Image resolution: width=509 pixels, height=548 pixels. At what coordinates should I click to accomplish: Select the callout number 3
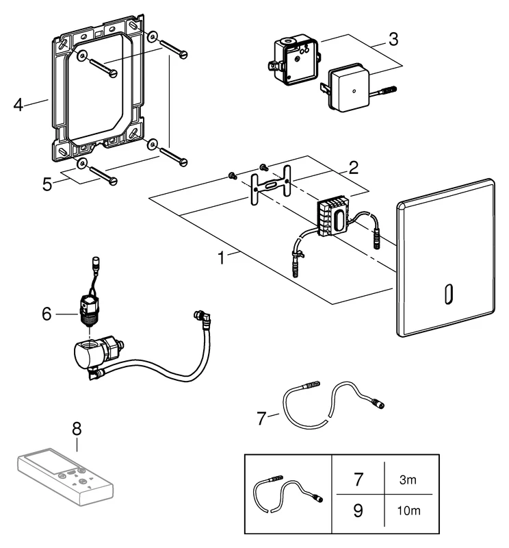(393, 38)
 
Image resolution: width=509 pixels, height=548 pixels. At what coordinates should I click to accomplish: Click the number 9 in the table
(358, 510)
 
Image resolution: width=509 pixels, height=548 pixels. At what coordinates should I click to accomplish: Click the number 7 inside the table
(358, 480)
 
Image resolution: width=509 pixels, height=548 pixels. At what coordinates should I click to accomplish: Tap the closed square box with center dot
(348, 86)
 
